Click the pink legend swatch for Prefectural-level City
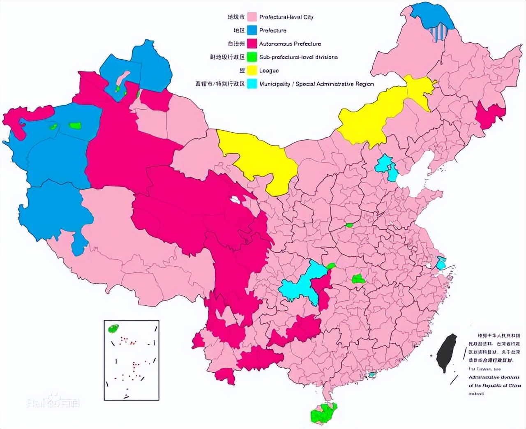pos(252,17)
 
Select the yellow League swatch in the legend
pos(252,71)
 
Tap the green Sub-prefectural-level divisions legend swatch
pos(252,57)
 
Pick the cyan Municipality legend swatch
pos(252,84)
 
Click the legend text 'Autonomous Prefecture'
pos(290,44)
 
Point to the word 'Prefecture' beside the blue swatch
pos(272,30)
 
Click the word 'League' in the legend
pos(269,71)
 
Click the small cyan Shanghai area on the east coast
pos(441,263)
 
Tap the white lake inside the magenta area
pos(235,201)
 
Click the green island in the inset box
pos(113,328)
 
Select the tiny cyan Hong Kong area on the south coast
pos(372,375)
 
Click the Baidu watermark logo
pos(53,402)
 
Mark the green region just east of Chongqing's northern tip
pos(331,266)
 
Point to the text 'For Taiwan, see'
pos(481,369)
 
